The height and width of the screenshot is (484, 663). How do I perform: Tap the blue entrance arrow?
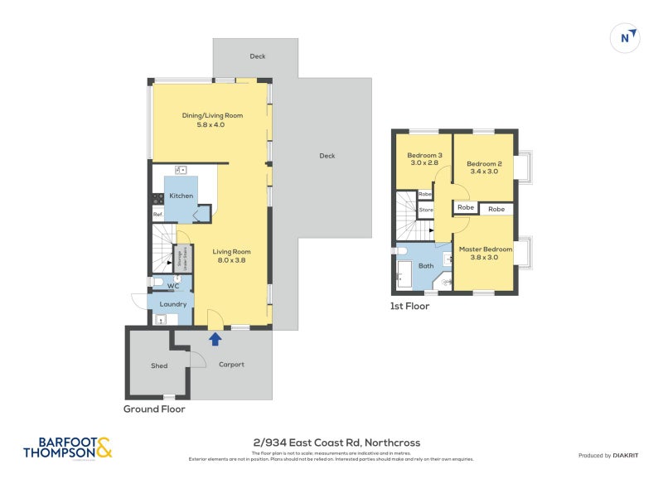215,338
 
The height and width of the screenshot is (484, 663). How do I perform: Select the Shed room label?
159,365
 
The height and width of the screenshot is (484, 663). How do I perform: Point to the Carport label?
231,365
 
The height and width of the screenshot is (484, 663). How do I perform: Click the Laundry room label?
173,304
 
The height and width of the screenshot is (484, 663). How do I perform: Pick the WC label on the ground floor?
173,286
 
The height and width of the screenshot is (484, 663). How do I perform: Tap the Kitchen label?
181,196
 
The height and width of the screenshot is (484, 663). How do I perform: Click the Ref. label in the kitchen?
157,215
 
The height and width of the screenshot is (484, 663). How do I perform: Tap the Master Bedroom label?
486,249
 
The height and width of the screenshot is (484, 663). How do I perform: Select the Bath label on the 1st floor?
426,266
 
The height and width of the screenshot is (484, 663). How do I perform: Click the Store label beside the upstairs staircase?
426,210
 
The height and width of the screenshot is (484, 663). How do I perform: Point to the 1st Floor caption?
409,306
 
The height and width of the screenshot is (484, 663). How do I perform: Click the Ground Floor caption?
154,409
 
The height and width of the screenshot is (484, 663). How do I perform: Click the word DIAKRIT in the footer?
624,456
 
